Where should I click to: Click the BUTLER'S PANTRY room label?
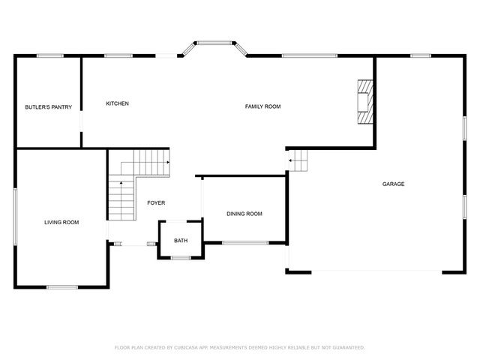[x=48, y=107]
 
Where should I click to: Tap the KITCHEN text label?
[x=118, y=103]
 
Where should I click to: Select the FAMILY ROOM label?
[x=262, y=106]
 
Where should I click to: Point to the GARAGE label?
[x=393, y=184]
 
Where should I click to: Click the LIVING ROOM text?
[x=61, y=222]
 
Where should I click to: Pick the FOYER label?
[x=156, y=203]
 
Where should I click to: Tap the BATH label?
[x=181, y=241]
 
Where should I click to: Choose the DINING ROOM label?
[x=244, y=214]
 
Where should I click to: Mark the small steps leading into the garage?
[x=300, y=160]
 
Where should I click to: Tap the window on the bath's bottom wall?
[x=181, y=258]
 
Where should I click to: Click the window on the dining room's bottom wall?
[x=245, y=242]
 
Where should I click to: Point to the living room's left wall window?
[x=16, y=215]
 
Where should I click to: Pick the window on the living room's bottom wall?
[x=61, y=286]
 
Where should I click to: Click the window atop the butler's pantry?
[x=49, y=55]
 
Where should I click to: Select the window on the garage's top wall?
[x=420, y=55]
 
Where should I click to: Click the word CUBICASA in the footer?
[x=184, y=347]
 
